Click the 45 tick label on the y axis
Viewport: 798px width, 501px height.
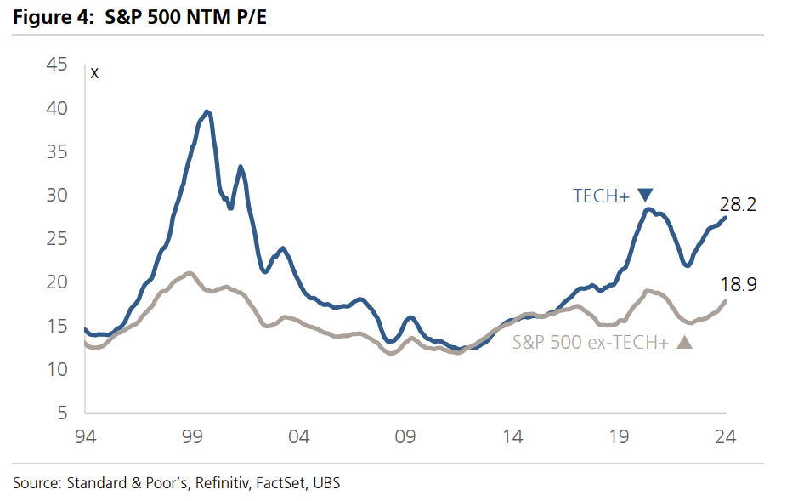point(56,65)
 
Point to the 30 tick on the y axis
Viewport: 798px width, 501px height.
point(56,195)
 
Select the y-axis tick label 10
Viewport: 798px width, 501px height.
point(56,369)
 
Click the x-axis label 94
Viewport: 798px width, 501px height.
point(85,436)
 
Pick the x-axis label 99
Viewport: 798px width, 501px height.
point(192,436)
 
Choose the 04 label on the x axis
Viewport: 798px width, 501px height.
point(299,436)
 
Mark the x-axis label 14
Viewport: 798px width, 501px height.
point(512,436)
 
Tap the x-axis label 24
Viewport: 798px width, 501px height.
point(725,436)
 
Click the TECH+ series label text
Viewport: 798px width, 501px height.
point(600,196)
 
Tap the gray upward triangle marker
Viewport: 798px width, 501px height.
point(684,342)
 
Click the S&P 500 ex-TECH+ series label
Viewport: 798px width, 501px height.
point(591,343)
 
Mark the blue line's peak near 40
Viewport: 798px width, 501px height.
point(207,111)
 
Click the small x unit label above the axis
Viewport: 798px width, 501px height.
point(94,73)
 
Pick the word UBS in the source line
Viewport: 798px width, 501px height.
point(326,482)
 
